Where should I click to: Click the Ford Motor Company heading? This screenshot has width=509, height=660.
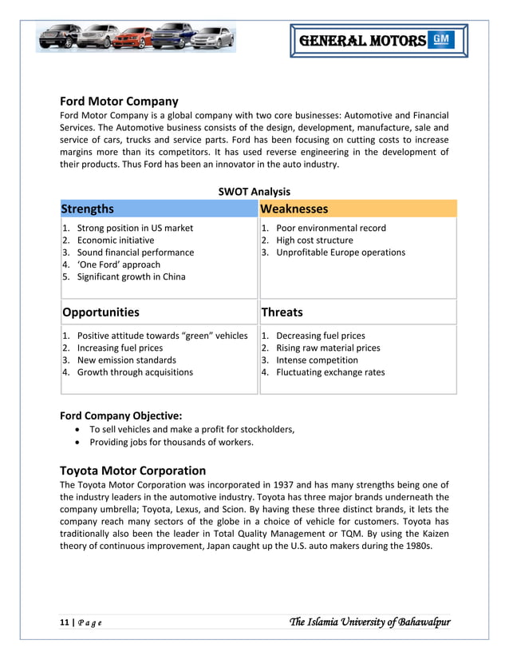click(119, 101)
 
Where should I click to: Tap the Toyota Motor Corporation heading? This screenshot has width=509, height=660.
click(132, 471)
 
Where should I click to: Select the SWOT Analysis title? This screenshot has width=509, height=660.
click(254, 192)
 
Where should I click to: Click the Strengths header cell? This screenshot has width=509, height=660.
click(88, 209)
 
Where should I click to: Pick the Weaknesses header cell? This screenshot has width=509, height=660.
click(294, 209)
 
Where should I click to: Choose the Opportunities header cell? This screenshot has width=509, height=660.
click(101, 312)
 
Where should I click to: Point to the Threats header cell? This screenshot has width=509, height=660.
click(282, 312)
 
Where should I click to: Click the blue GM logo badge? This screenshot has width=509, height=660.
click(441, 40)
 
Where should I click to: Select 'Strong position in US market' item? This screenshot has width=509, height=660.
click(134, 229)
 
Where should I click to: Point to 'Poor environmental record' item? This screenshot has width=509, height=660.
click(330, 229)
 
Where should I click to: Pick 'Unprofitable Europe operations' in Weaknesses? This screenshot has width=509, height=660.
click(340, 252)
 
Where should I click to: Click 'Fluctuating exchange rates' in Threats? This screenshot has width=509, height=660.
click(329, 372)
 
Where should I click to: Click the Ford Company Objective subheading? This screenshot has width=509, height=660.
click(120, 415)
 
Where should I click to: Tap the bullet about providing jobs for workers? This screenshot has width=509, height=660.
click(171, 442)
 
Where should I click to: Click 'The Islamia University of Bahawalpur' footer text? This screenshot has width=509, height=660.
click(371, 622)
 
